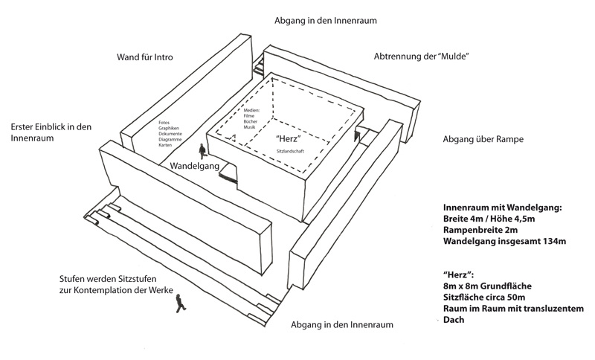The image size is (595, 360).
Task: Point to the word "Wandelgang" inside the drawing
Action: [195, 166]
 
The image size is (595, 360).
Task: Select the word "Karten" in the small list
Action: [165, 144]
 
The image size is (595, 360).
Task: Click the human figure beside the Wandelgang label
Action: [200, 148]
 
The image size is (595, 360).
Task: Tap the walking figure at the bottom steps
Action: [178, 303]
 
